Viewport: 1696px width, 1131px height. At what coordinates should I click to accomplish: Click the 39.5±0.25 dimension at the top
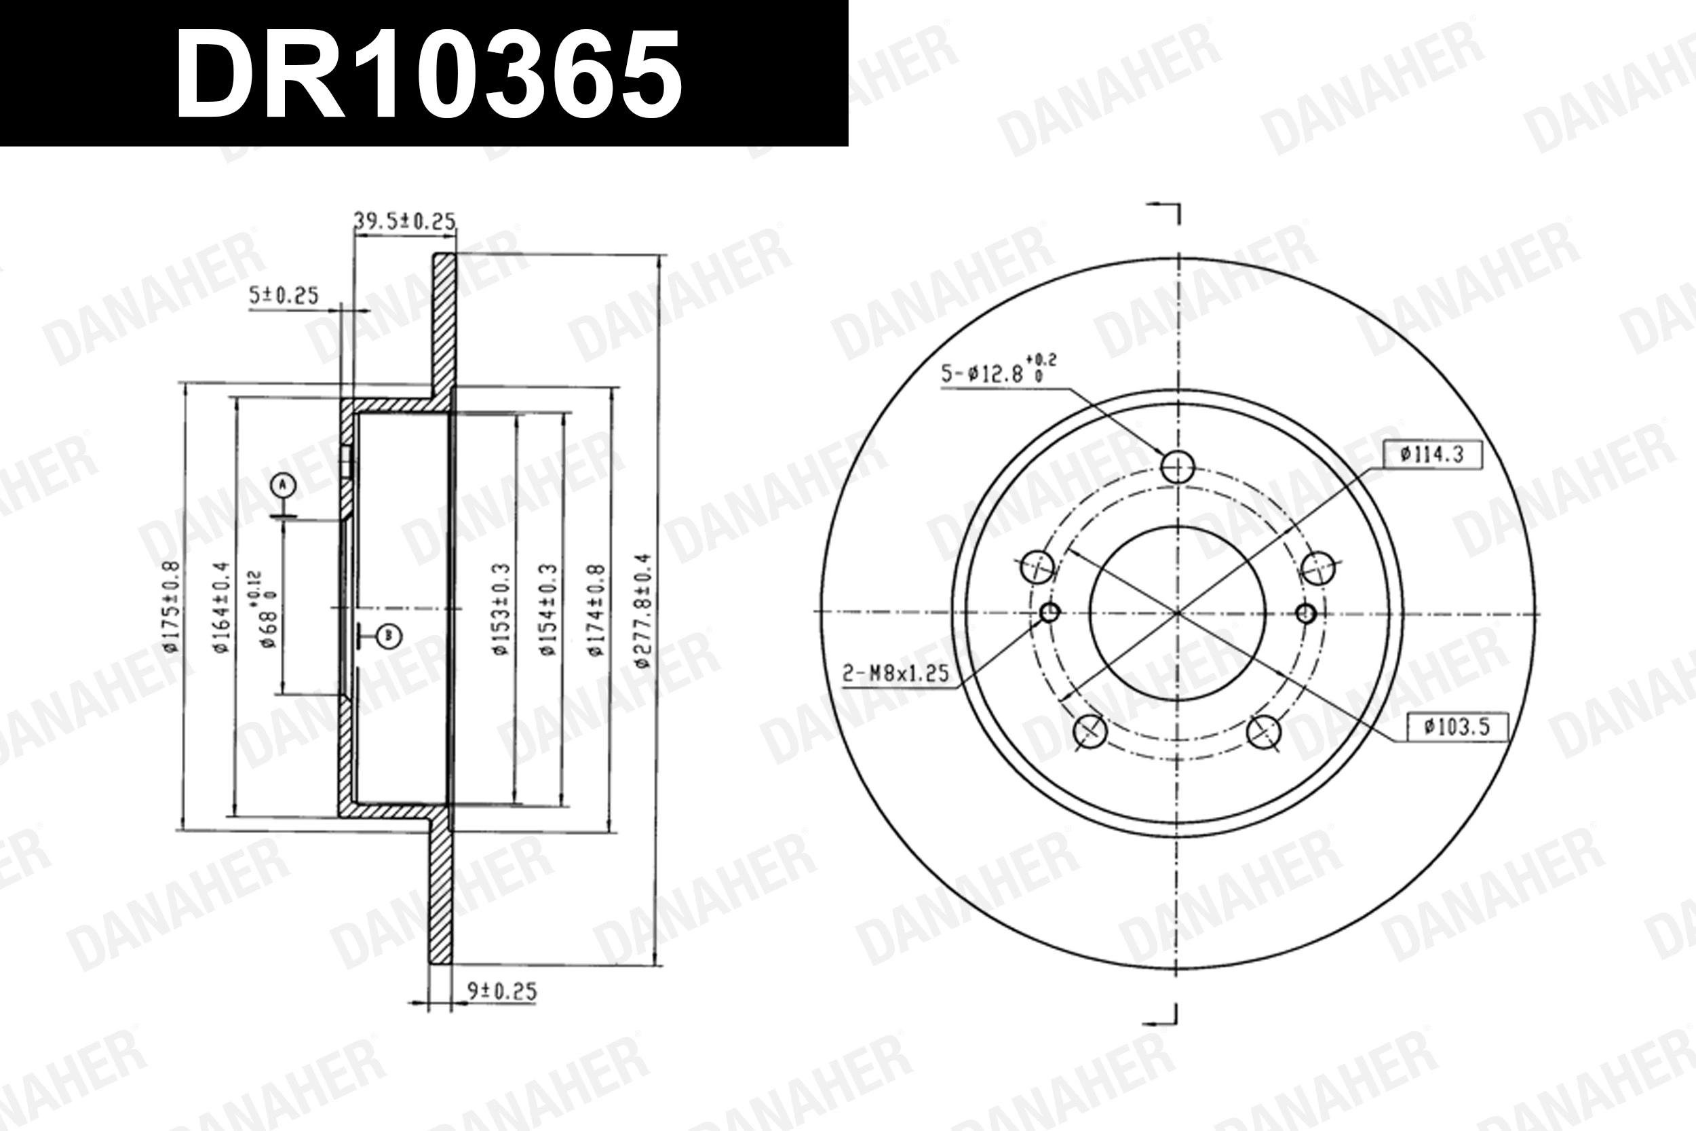[x=404, y=221]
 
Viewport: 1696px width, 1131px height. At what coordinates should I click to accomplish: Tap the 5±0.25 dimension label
[x=284, y=296]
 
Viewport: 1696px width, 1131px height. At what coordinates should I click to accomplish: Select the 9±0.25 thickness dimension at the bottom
[x=502, y=992]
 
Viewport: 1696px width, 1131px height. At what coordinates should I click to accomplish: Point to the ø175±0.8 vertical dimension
[x=171, y=607]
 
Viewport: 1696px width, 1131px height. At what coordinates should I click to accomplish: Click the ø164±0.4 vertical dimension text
[x=220, y=607]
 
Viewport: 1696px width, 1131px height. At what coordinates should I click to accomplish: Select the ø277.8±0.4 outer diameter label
[x=643, y=609]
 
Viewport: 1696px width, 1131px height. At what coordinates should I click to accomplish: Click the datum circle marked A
[x=284, y=485]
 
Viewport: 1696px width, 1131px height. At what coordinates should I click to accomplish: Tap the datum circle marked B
[x=389, y=636]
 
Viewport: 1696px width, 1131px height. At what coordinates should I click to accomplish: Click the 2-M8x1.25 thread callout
[x=895, y=674]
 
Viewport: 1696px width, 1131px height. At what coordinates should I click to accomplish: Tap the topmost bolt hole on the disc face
[x=1178, y=467]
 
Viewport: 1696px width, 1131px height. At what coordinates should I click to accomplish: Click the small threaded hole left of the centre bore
[x=1050, y=613]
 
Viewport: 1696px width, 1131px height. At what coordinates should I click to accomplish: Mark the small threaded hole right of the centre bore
[x=1306, y=614]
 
